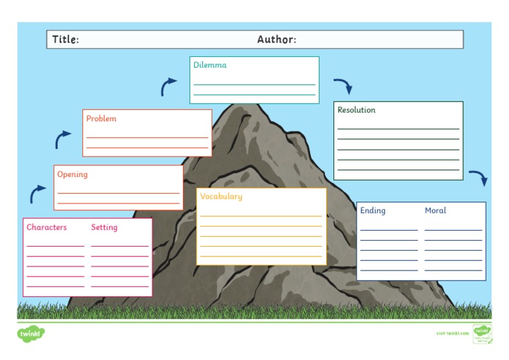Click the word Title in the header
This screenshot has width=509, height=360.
pos(66,40)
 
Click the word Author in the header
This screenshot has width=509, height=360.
pos(276,40)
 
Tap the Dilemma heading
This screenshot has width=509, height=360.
pos(210,65)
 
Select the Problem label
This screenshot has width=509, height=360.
pos(101,119)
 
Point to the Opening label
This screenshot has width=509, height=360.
pos(72,175)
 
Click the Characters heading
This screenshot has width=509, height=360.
pos(46,227)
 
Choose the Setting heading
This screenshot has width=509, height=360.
pos(104,227)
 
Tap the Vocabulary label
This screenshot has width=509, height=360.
pos(221,197)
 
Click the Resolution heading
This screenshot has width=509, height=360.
pos(357,110)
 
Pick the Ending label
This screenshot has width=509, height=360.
pos(372,211)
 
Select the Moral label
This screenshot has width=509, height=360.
pos(435,211)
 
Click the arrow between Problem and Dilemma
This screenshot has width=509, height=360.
pos(168,86)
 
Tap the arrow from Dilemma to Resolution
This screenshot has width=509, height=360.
pos(343,86)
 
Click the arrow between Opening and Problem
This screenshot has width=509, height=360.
pos(63,139)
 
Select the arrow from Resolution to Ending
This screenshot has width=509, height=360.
pos(479,178)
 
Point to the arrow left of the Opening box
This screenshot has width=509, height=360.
pos(38,194)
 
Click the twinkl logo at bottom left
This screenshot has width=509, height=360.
pos(30,333)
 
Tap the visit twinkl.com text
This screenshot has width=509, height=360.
pos(452,333)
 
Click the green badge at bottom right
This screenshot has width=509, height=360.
pos(482,333)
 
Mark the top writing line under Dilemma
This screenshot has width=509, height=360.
pos(254,85)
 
